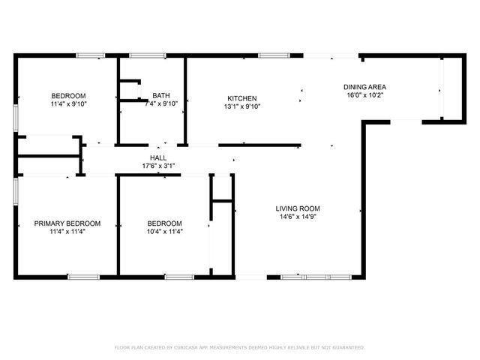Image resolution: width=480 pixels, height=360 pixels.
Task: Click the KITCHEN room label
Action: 242,98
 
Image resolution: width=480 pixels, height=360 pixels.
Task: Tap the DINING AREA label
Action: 365,87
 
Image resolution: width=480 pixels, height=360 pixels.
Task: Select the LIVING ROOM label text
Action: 298,208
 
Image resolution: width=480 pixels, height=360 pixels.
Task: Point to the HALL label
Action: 158,157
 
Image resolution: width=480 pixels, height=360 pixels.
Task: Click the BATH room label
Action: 160,95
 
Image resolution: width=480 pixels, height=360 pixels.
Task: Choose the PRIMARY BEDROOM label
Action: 67,223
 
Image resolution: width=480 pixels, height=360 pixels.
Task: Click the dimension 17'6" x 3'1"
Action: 158,166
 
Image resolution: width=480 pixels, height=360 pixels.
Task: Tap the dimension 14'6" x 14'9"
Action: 298,217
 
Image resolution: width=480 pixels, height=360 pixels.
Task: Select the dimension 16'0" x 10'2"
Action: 365,95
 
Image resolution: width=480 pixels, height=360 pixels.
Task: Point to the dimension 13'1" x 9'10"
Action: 242,106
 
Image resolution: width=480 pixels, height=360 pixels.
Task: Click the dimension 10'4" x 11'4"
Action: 164,232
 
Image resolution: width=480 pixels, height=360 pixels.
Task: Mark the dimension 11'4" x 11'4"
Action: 67,232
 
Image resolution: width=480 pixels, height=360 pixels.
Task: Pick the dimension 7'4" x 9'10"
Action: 160,103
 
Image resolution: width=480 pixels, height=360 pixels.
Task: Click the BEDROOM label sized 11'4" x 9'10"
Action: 68,95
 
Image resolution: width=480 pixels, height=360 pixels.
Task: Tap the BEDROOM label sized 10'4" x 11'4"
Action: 164,223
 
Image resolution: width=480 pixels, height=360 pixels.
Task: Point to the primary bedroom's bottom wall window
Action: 83,277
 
